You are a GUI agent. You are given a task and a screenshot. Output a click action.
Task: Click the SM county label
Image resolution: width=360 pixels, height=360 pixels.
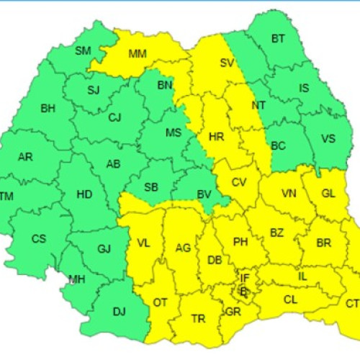(x=83, y=50)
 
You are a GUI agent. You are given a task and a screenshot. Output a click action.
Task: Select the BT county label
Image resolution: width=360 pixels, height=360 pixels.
(x=278, y=39)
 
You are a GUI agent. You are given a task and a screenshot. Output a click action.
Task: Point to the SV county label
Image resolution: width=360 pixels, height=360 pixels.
(x=227, y=63)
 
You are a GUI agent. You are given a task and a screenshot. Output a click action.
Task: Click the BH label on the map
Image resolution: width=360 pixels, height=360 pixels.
(x=48, y=109)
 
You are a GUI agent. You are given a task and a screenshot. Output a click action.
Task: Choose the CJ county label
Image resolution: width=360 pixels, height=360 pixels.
(x=114, y=117)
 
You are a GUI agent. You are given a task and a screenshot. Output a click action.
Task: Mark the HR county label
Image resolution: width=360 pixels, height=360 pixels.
(x=216, y=136)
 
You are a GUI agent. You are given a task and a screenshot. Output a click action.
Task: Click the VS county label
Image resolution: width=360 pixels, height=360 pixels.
(x=328, y=139)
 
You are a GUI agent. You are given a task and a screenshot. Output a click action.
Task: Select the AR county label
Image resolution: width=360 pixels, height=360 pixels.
(x=25, y=157)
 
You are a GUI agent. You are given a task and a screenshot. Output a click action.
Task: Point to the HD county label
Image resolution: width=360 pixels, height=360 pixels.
(x=84, y=194)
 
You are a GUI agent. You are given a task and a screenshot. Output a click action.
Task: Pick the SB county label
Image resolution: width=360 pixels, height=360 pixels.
(x=151, y=187)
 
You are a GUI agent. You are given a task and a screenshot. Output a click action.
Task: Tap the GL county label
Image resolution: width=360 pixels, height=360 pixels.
(x=328, y=194)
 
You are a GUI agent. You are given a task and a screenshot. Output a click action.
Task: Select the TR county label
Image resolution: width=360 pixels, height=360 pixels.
(x=197, y=318)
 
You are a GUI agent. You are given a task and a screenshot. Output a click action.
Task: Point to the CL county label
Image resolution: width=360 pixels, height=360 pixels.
(x=290, y=299)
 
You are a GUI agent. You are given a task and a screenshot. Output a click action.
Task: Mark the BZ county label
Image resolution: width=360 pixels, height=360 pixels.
(x=277, y=232)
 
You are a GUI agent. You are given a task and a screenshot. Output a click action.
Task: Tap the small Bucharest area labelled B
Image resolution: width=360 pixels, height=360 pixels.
(x=243, y=292)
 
